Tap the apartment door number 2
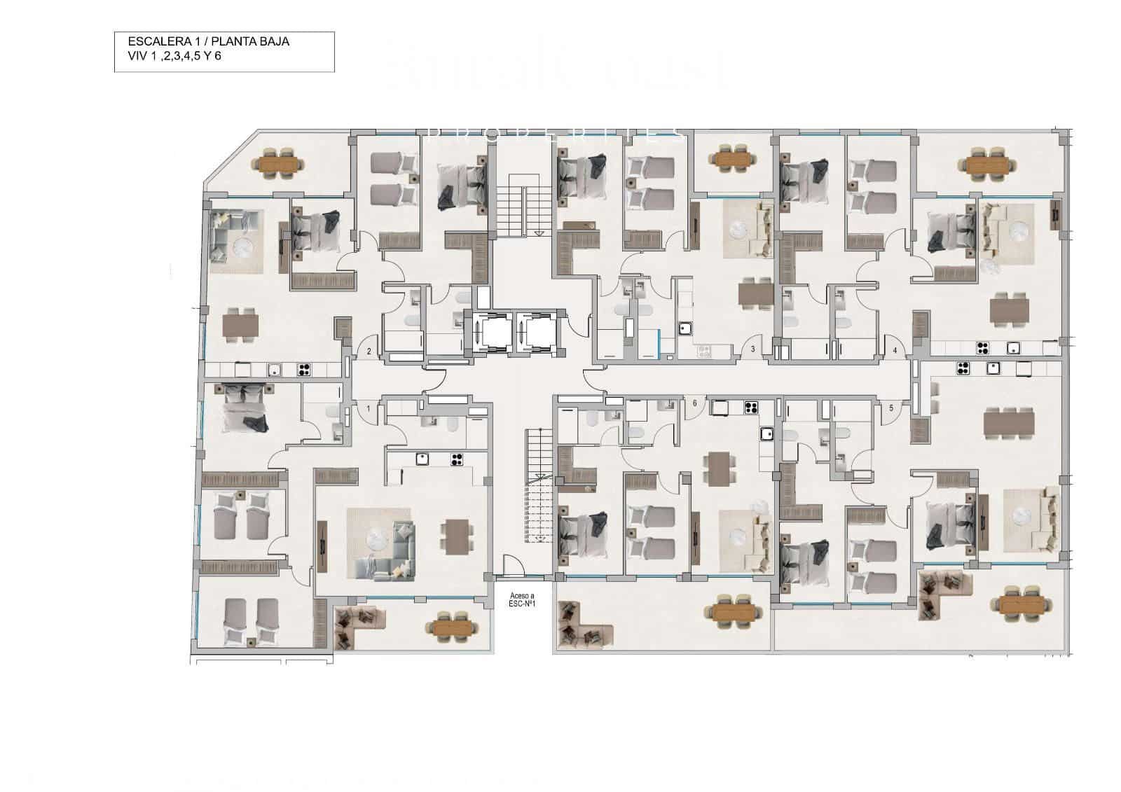tap(369, 352)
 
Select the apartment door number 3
tap(752, 349)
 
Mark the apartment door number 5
tap(891, 408)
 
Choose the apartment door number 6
tap(694, 403)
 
